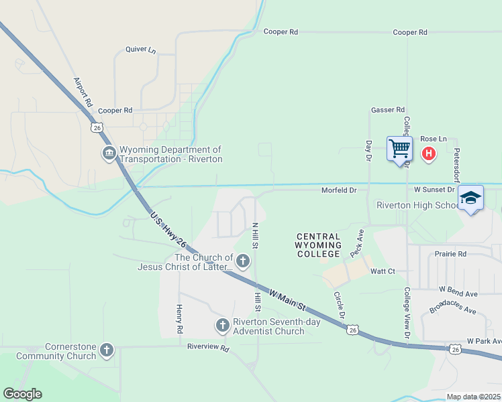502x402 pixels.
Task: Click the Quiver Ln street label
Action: coord(140,50)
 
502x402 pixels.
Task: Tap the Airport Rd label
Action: coord(82,92)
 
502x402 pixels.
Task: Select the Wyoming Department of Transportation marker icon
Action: coord(109,154)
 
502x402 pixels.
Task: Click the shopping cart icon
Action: coord(399,148)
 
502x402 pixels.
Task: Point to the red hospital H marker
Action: coord(429,154)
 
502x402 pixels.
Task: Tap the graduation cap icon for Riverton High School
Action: coord(470,198)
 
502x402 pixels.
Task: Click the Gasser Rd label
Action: coord(388,110)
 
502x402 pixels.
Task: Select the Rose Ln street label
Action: coord(433,139)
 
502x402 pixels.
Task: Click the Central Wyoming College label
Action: coord(318,245)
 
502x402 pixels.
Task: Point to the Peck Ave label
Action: coord(356,245)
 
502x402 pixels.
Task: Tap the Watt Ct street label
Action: coord(383,271)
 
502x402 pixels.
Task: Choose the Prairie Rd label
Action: coord(450,255)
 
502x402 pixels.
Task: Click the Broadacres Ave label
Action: coord(452,311)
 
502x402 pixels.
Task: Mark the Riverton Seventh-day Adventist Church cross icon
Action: coord(223,326)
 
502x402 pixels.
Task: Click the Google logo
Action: coord(22,394)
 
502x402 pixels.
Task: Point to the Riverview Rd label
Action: coord(208,348)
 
